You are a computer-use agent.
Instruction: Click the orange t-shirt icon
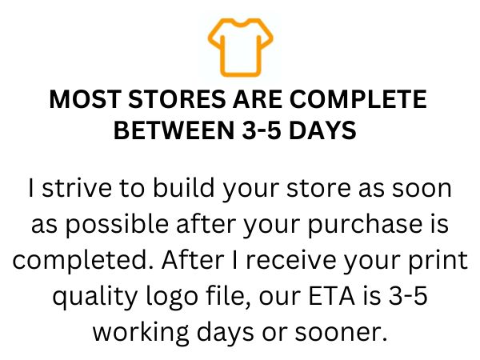[x=240, y=47]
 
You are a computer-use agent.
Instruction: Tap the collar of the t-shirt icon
[x=241, y=23]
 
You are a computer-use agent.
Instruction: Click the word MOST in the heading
[x=85, y=99]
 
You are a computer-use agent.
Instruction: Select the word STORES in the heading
[x=177, y=99]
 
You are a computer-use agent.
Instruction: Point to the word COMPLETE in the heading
[x=358, y=99]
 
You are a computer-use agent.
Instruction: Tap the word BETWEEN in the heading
[x=174, y=130]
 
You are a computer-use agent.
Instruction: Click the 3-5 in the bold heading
[x=262, y=130]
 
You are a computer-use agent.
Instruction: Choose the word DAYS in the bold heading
[x=322, y=130]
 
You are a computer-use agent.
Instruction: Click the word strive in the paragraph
[x=77, y=188]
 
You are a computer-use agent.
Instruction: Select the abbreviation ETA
[x=331, y=296]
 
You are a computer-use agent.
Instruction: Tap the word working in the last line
[x=141, y=333]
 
